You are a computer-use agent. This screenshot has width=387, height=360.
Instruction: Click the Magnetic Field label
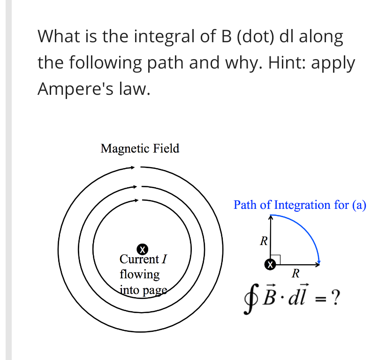tap(140, 149)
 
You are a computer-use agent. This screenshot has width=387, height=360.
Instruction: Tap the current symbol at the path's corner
tap(270, 264)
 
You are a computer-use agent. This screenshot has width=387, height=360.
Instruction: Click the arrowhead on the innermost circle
tap(137, 200)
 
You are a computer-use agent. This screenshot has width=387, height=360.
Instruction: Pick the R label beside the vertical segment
tap(264, 242)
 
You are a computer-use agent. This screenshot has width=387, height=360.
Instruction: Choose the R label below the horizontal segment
tap(295, 274)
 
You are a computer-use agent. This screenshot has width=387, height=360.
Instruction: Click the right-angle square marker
tap(275, 259)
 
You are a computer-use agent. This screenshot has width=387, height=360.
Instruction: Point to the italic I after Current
tap(164, 259)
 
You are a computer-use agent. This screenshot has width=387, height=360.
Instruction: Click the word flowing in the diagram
tap(140, 274)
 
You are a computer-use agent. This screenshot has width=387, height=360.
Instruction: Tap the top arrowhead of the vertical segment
tap(271, 217)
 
